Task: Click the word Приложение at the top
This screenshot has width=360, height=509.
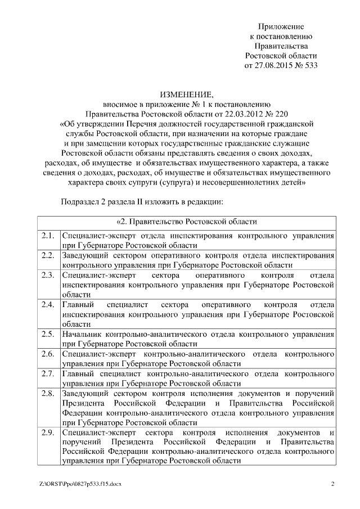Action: [281, 26]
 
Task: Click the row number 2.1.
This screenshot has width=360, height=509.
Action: [48, 236]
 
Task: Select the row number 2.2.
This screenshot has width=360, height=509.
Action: [48, 255]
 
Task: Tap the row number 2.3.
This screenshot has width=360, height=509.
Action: [48, 275]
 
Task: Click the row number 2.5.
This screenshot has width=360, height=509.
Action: [48, 334]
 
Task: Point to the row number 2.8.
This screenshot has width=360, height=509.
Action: [48, 393]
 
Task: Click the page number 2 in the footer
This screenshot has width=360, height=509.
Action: [332, 484]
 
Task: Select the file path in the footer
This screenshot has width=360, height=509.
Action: [80, 484]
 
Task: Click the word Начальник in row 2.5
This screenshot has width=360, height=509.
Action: [85, 334]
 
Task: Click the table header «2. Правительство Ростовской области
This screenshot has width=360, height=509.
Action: [186, 221]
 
